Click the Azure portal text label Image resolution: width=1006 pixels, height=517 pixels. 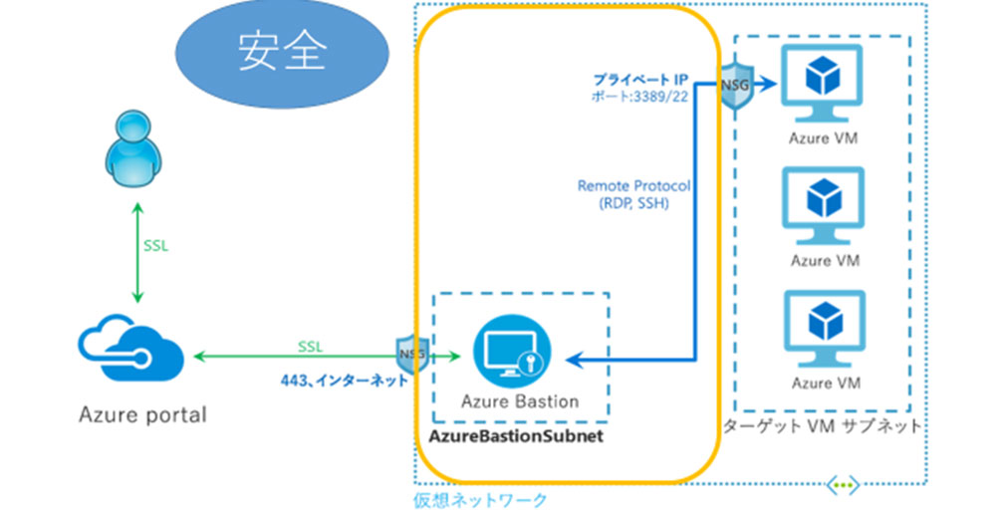pos(142,413)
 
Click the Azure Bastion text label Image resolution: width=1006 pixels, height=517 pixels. pos(520,401)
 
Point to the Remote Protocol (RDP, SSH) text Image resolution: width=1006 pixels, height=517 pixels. pos(633,194)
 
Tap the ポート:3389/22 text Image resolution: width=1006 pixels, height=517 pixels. pos(640,97)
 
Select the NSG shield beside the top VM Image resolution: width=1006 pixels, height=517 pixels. pos(736,89)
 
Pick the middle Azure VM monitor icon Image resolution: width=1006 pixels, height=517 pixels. pos(823,205)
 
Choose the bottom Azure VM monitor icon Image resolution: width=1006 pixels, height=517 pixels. pos(823,328)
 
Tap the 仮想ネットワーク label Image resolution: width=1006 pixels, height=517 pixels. pos(480,500)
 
